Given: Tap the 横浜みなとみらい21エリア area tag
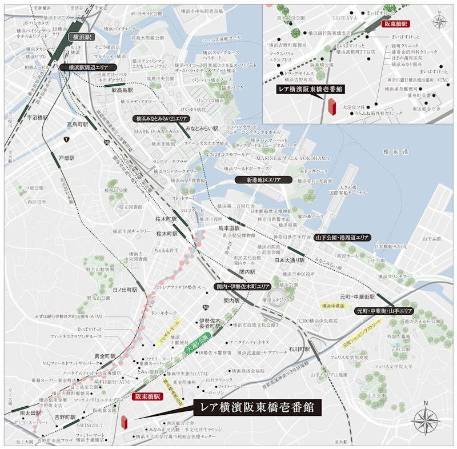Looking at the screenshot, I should [x=161, y=118].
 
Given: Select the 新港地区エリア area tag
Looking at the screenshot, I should [x=263, y=179].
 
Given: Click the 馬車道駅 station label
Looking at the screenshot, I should [x=228, y=228].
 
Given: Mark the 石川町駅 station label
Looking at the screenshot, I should [x=299, y=348].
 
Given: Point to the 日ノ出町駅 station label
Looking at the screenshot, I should [x=125, y=290].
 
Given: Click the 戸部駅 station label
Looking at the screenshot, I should [x=66, y=157].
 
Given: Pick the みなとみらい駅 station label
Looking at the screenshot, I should [x=202, y=129].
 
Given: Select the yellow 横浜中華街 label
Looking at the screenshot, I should [x=334, y=306].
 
